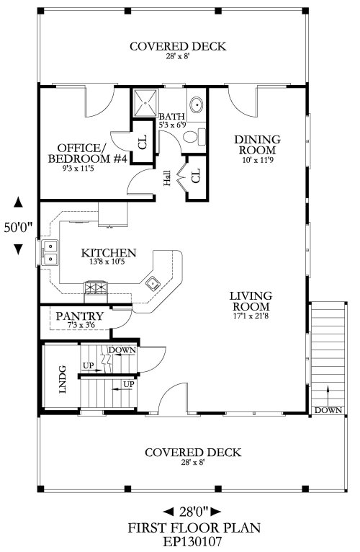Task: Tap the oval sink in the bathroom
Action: coord(196,104)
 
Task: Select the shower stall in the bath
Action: coord(144,102)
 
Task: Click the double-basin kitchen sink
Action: coord(50,252)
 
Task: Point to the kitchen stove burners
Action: coord(95,288)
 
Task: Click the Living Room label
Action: coord(251,301)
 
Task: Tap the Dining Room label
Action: coord(257,145)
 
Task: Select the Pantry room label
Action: coord(80,316)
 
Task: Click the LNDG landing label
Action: coord(63,379)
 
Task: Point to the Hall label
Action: coord(167,178)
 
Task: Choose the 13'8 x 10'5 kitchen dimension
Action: coord(109,262)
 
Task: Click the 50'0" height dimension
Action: coord(18,227)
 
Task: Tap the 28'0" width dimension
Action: coord(193,510)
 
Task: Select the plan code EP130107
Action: coord(192,541)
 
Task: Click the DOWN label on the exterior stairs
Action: coord(328,410)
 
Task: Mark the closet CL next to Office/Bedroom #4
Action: coord(143,142)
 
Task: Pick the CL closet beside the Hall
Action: coord(196,175)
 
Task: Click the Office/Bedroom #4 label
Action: coord(87,153)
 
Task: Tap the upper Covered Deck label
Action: coord(178,46)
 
